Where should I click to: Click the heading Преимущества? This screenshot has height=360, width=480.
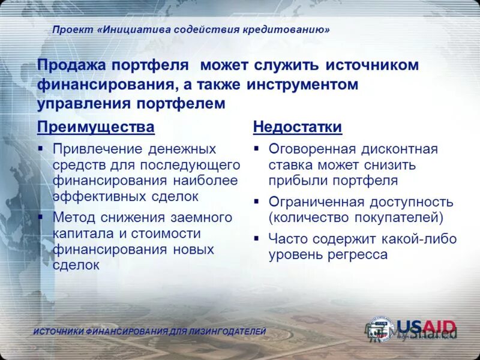click(x=95, y=127)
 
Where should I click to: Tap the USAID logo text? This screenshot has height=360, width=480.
click(x=426, y=328)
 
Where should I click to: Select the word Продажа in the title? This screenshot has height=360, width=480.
click(x=71, y=65)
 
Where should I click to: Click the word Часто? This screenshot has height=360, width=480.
click(x=287, y=239)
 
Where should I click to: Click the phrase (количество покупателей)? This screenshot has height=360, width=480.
click(x=356, y=217)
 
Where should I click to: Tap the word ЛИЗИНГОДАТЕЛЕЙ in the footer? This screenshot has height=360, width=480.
click(x=229, y=332)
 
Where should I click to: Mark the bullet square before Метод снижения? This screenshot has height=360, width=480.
click(x=40, y=217)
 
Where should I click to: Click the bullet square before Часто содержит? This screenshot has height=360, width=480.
click(x=256, y=239)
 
